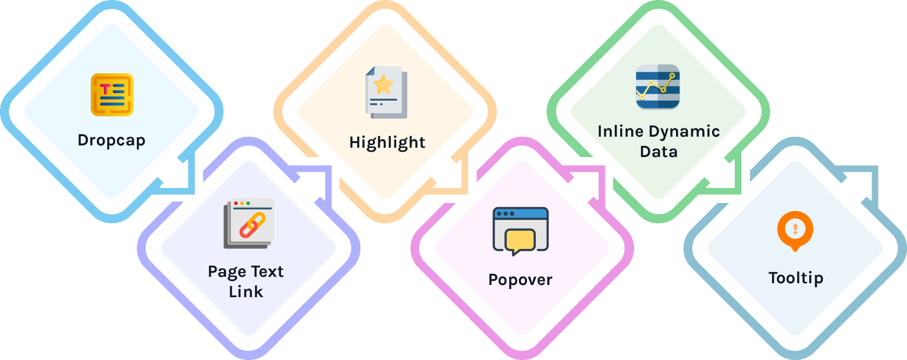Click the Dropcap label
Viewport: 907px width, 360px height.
click(111, 140)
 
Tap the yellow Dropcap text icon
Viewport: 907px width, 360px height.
click(112, 95)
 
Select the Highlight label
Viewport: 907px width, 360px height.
click(387, 142)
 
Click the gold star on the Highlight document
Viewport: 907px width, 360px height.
click(383, 85)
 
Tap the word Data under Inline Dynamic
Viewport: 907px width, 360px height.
click(659, 152)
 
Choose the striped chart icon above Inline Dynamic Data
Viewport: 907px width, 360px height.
click(657, 87)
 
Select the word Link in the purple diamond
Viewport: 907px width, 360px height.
click(246, 291)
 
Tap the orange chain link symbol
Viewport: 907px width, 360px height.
click(252, 225)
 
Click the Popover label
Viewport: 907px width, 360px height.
click(520, 280)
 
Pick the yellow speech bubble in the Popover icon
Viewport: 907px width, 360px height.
click(520, 240)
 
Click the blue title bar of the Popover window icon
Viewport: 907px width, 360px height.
click(520, 213)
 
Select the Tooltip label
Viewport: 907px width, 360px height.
click(795, 278)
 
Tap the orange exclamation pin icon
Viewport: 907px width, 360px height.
click(795, 230)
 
